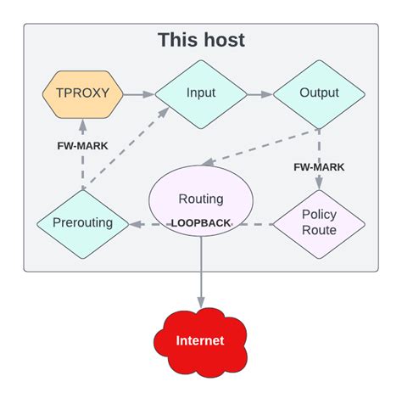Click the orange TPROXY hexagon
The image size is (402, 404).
82,93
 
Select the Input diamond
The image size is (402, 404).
200,93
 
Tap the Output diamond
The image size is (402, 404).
320,93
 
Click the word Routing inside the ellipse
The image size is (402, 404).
201,199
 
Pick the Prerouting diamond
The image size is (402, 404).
82,225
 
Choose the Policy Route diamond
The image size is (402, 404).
320,223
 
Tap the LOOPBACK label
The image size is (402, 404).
201,223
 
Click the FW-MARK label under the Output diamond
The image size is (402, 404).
319,167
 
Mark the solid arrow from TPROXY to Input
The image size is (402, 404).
137,93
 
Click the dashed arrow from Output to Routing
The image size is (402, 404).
263,146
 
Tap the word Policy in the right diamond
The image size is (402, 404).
320,215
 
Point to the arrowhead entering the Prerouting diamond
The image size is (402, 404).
134,225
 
